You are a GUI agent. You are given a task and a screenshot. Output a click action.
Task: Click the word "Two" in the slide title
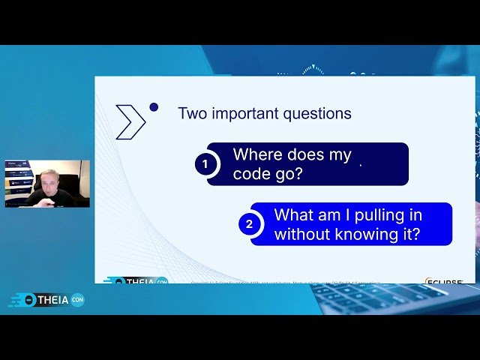[x=192, y=114]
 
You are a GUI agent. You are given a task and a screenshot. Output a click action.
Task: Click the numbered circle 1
[x=206, y=164]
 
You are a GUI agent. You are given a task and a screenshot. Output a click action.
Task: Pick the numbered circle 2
[x=250, y=223]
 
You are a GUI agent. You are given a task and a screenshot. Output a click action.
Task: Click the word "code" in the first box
[x=251, y=174]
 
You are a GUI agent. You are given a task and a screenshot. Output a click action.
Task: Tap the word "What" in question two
[x=292, y=215]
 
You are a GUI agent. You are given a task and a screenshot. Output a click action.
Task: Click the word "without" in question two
[x=301, y=234]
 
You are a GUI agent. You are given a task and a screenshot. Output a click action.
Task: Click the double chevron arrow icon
[x=130, y=122]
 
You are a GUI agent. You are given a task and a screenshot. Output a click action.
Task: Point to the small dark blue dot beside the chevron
[x=154, y=107]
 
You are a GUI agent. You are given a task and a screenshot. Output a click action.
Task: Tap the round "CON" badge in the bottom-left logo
[x=77, y=300]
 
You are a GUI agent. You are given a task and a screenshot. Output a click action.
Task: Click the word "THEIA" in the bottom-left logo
[x=52, y=300]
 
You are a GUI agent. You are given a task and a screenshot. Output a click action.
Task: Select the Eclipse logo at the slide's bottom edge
[x=444, y=282]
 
